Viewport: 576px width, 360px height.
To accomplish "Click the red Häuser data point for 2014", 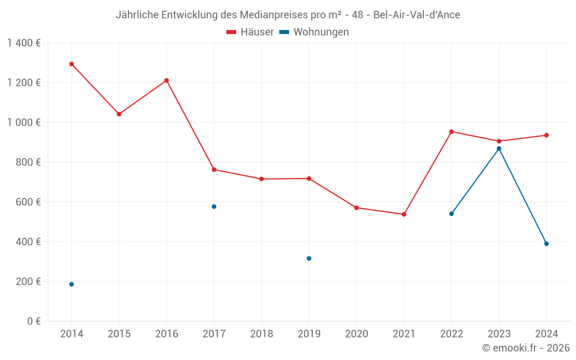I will pyautogui.click(x=71, y=64).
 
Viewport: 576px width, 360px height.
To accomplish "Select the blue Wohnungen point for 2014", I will pyautogui.click(x=71, y=284).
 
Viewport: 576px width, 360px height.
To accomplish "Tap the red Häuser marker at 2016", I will pyautogui.click(x=166, y=80).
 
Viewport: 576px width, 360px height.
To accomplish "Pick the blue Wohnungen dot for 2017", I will pyautogui.click(x=214, y=206).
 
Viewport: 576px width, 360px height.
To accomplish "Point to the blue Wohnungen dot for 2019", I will pyautogui.click(x=309, y=258).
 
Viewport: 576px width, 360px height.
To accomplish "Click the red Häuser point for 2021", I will pyautogui.click(x=404, y=214).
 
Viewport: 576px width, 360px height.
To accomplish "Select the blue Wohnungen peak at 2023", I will pyautogui.click(x=499, y=149).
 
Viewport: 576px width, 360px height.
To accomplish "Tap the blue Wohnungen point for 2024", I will pyautogui.click(x=546, y=244).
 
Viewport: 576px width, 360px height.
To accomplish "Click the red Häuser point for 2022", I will pyautogui.click(x=452, y=131).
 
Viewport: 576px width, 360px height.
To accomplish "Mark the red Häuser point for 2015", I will pyautogui.click(x=119, y=114).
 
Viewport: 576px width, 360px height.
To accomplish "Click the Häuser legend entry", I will pyautogui.click(x=250, y=32).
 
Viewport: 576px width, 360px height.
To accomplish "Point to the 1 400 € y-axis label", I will pyautogui.click(x=24, y=43).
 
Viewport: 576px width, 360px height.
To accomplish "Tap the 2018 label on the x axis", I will pyautogui.click(x=262, y=334).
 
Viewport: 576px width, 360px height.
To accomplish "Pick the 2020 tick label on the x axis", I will pyautogui.click(x=357, y=334).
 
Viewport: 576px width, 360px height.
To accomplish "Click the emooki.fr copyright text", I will pyautogui.click(x=526, y=348).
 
